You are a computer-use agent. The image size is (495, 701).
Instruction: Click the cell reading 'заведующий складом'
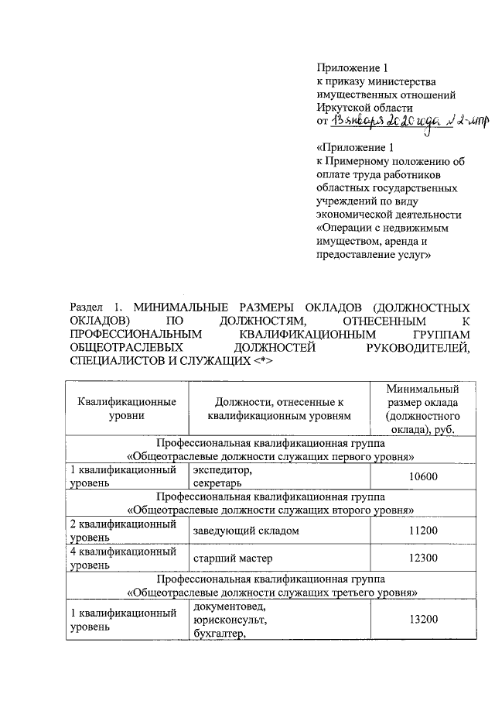(246, 531)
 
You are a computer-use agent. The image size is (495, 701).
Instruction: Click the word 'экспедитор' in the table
(220, 469)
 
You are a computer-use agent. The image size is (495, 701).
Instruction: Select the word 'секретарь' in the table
(217, 483)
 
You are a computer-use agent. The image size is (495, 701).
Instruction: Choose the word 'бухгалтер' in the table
(219, 634)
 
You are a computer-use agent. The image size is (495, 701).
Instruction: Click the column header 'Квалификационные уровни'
(126, 409)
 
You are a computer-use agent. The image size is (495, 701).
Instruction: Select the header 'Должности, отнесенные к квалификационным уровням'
(279, 409)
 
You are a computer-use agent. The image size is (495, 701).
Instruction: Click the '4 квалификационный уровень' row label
(125, 558)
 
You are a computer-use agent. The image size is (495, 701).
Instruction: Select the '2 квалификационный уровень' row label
(125, 531)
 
